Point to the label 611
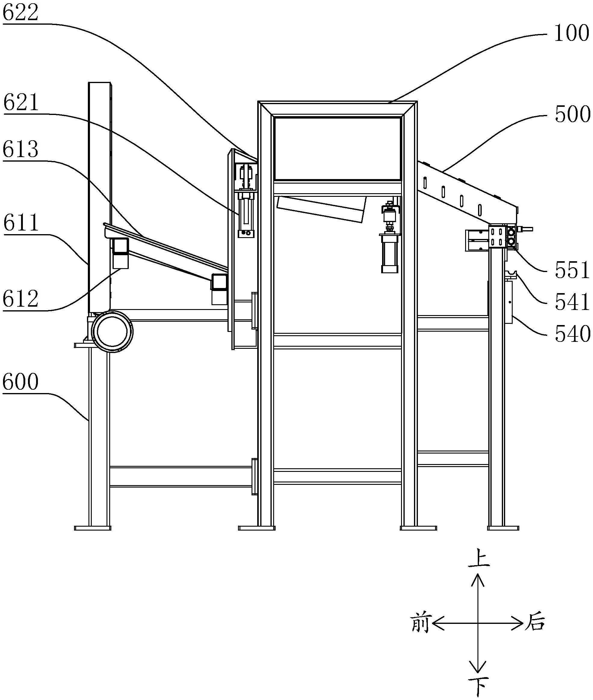point(21,223)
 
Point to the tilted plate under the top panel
point(321,209)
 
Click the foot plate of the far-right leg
point(503,528)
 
